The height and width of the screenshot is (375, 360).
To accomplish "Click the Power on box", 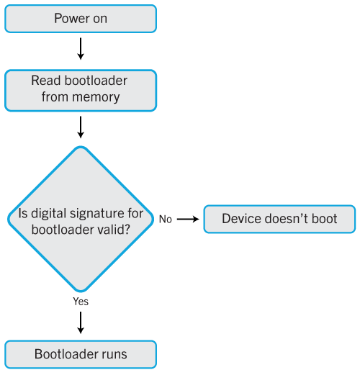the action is (x=81, y=19).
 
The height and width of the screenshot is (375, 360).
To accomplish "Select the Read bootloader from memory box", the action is (x=81, y=91).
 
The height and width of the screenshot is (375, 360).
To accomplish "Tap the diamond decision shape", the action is (x=81, y=219).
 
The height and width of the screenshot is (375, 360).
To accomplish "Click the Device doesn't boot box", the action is (x=279, y=219).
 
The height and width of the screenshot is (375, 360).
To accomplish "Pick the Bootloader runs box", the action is (x=81, y=354).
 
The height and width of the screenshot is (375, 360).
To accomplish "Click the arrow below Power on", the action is (x=81, y=49).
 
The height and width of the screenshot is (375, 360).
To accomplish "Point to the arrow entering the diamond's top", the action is (x=81, y=127).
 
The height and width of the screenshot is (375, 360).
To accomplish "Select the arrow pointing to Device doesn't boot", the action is (x=188, y=219).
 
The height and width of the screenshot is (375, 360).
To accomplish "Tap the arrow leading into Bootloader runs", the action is (x=81, y=322).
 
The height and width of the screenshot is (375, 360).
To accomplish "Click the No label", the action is (x=166, y=220).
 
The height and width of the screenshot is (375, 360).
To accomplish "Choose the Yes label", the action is (x=81, y=302).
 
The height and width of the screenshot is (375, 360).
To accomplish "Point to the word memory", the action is (x=96, y=98).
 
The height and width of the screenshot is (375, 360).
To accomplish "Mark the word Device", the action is (x=241, y=219).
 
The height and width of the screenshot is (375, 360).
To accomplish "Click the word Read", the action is (x=45, y=81).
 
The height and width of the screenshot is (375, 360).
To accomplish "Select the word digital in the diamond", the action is (x=49, y=214).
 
